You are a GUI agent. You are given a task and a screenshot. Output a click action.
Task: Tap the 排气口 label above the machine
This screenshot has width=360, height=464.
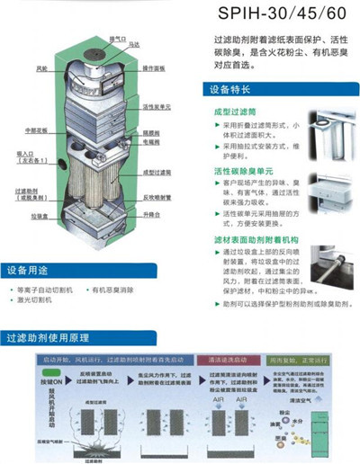click(117, 39)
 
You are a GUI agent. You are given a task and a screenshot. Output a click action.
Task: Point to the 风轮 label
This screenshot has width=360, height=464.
click(42, 67)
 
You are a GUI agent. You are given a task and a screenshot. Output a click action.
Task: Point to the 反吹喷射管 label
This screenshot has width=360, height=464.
click(157, 197)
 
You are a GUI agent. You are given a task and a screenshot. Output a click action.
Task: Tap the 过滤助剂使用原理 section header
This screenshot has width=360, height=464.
click(49, 337)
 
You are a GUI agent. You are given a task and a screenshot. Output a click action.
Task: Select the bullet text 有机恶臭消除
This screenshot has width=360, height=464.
click(113, 291)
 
